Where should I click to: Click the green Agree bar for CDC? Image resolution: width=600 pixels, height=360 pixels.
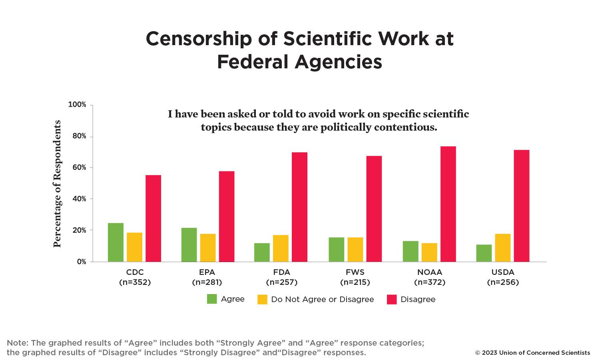pos(116,242)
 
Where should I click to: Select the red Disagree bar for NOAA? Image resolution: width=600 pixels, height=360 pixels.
pos(448,204)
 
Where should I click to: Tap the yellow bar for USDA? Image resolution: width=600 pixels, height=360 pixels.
pos(502,248)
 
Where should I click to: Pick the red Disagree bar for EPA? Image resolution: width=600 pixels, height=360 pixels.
pos(227,216)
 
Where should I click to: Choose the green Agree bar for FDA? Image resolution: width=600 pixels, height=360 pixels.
pos(262,252)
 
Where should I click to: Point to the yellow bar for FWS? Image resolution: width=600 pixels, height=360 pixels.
pos(355,249)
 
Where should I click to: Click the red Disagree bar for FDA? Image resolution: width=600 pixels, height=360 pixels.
pos(299,207)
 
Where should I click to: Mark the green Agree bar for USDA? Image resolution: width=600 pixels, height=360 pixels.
pos(484,253)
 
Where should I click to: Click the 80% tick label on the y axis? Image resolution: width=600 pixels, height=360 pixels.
pos(79,136)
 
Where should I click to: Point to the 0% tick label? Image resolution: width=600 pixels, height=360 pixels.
pos(81,262)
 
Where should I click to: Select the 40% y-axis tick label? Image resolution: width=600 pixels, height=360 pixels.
pos(79,199)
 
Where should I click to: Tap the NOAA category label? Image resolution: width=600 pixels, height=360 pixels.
pos(430,272)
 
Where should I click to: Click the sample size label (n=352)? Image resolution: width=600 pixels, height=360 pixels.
pos(135,282)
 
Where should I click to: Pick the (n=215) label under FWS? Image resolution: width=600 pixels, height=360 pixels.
pos(355,282)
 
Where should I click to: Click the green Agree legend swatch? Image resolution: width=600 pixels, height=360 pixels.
pos(212,299)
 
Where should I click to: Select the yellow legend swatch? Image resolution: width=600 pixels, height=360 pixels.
pos(262,299)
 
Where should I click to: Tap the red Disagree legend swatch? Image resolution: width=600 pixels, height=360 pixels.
pos(392,299)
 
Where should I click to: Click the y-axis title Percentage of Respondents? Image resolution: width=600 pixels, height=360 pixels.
pos(58,184)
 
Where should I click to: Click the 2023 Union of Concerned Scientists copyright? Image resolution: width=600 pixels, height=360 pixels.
pos(532,353)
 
